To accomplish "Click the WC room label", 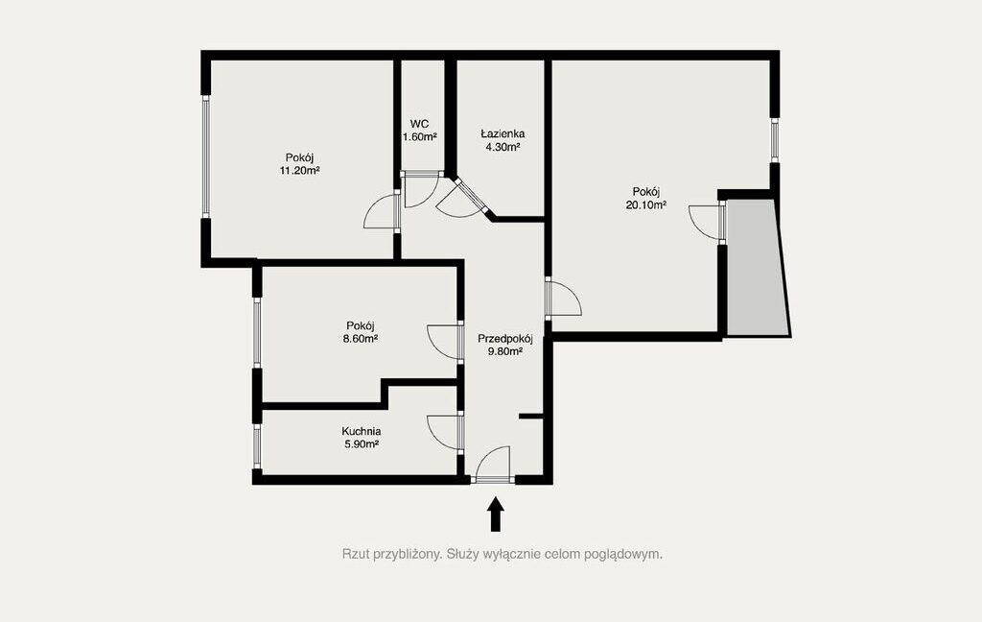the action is (420, 124).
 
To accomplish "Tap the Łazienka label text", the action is (503, 133).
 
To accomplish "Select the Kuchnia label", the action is (362, 431).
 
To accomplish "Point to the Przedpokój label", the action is (504, 339).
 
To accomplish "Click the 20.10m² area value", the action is (645, 204).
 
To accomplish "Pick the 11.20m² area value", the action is (300, 170).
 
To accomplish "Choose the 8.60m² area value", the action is (361, 339).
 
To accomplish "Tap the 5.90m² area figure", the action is (362, 444).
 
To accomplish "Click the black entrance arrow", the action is (496, 514).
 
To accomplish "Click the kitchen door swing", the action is (445, 432).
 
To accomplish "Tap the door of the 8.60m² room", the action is (445, 342).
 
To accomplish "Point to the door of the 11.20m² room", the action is (382, 212).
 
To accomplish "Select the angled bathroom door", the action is (462, 200).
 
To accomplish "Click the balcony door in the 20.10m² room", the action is (707, 223).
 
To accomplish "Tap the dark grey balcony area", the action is (757, 269).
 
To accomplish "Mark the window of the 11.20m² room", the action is (205, 157).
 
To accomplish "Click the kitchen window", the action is (256, 446).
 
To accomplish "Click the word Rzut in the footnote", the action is (355, 554).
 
